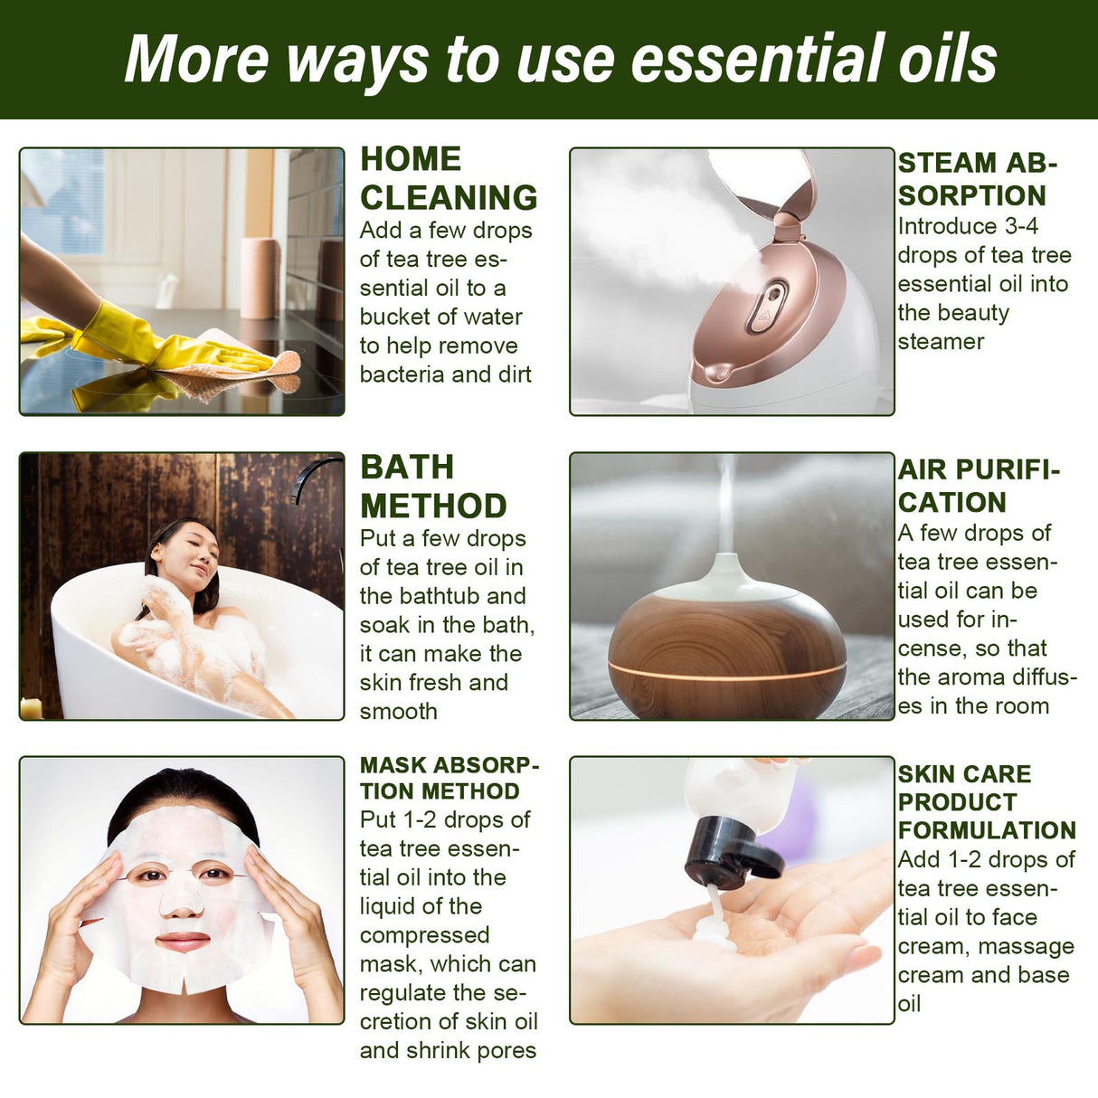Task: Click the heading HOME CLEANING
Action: [448, 178]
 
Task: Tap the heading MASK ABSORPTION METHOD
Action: [449, 778]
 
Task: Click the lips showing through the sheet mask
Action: [182, 942]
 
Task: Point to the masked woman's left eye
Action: [215, 874]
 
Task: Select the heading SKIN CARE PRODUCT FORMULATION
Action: [985, 801]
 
